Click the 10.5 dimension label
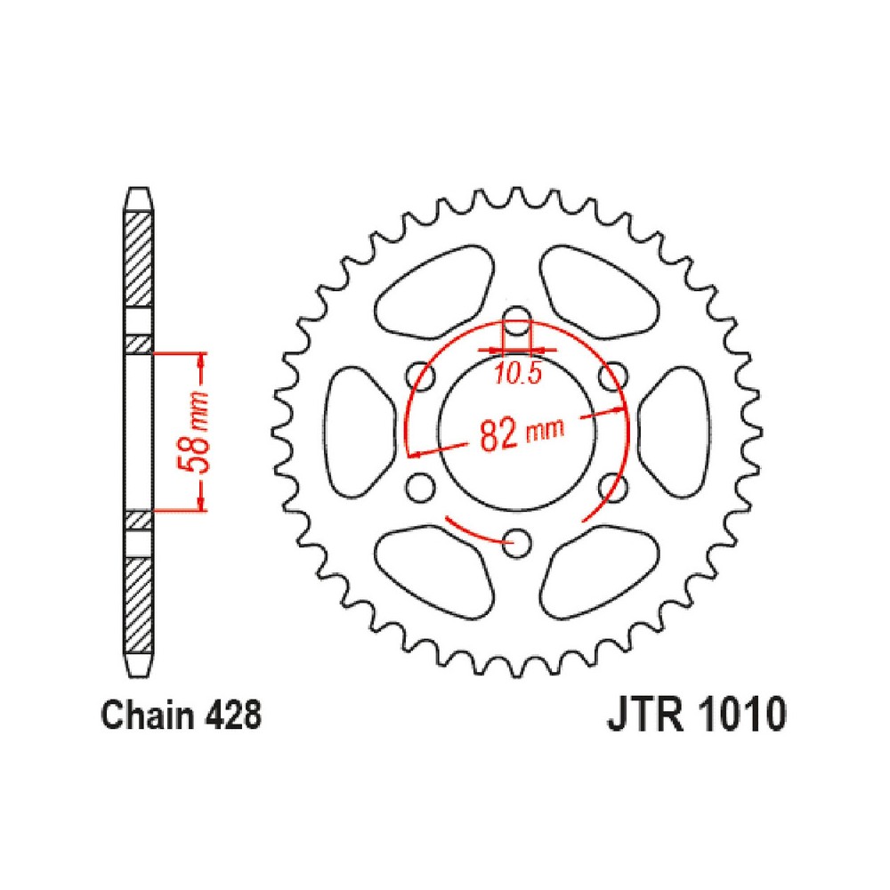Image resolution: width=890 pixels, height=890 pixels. (x=518, y=374)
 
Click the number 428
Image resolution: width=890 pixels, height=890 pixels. (x=232, y=716)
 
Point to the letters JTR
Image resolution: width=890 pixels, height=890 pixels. (x=644, y=715)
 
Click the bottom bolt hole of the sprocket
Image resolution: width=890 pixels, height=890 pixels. (x=516, y=543)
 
